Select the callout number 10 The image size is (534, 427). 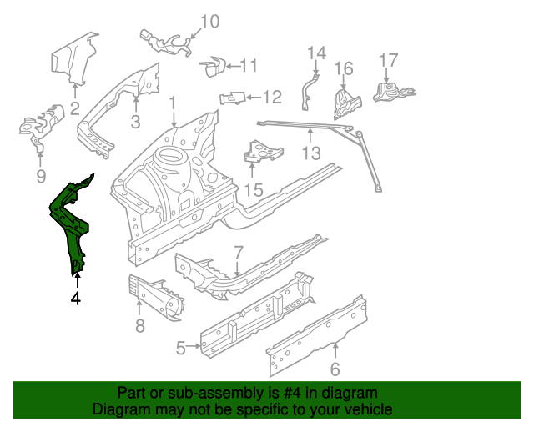pos(209,22)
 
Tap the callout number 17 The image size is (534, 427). pos(389,61)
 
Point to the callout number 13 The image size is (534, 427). pos(310,153)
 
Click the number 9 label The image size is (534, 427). pos(40,175)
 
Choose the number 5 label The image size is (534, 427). pos(181,349)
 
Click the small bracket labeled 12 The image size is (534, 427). pos(232,98)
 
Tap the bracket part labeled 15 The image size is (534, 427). pos(262,153)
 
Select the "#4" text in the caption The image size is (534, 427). pos(280,393)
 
